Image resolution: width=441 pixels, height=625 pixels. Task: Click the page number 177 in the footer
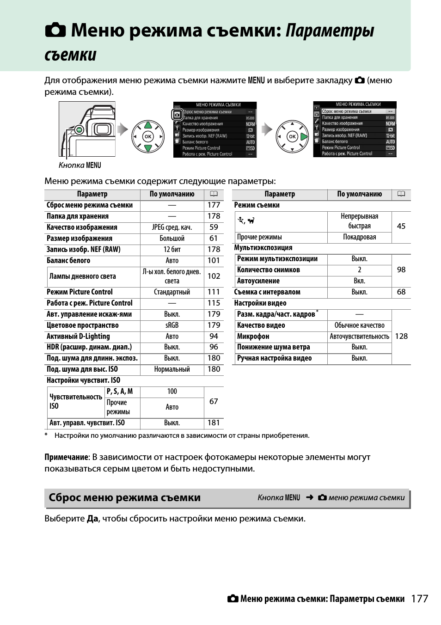point(419,599)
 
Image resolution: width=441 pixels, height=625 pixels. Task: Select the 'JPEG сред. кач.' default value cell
point(172,227)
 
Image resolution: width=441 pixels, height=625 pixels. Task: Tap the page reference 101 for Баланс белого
point(214,261)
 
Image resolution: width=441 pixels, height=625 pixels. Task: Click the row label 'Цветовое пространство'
point(83,325)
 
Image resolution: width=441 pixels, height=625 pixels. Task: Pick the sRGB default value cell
point(172,325)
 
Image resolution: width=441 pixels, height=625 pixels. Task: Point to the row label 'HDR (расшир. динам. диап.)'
point(89,347)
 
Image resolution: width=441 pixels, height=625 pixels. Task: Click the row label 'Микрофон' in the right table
point(253,337)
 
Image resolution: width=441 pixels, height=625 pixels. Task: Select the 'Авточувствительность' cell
point(359,337)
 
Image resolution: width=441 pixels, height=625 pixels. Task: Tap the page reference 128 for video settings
point(401,337)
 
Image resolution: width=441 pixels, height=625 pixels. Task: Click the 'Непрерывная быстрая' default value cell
point(359,221)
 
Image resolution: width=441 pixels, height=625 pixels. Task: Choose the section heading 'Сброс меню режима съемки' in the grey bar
point(125,498)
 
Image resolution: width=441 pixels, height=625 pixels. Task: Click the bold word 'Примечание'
point(66,457)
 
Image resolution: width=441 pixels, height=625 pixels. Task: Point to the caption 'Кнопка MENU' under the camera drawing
point(80,165)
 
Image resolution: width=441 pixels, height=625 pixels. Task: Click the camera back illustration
point(87,129)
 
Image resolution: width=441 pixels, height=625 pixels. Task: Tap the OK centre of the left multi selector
point(148,136)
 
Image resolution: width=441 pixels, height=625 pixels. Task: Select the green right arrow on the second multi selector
point(304,136)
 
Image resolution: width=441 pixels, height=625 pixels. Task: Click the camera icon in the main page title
point(56,31)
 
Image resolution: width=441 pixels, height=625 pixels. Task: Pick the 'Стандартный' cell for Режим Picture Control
point(172,292)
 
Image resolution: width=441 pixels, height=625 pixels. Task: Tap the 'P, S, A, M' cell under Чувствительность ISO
point(120,392)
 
